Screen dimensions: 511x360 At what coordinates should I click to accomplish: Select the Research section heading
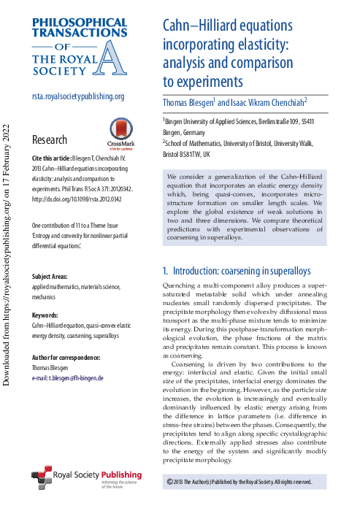(50, 139)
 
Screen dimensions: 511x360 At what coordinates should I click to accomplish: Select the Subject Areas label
(51, 277)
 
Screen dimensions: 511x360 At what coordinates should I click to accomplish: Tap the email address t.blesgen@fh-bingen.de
(68, 378)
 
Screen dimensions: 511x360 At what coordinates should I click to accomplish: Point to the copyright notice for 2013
(240, 482)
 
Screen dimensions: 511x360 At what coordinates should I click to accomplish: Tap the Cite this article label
(50, 157)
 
